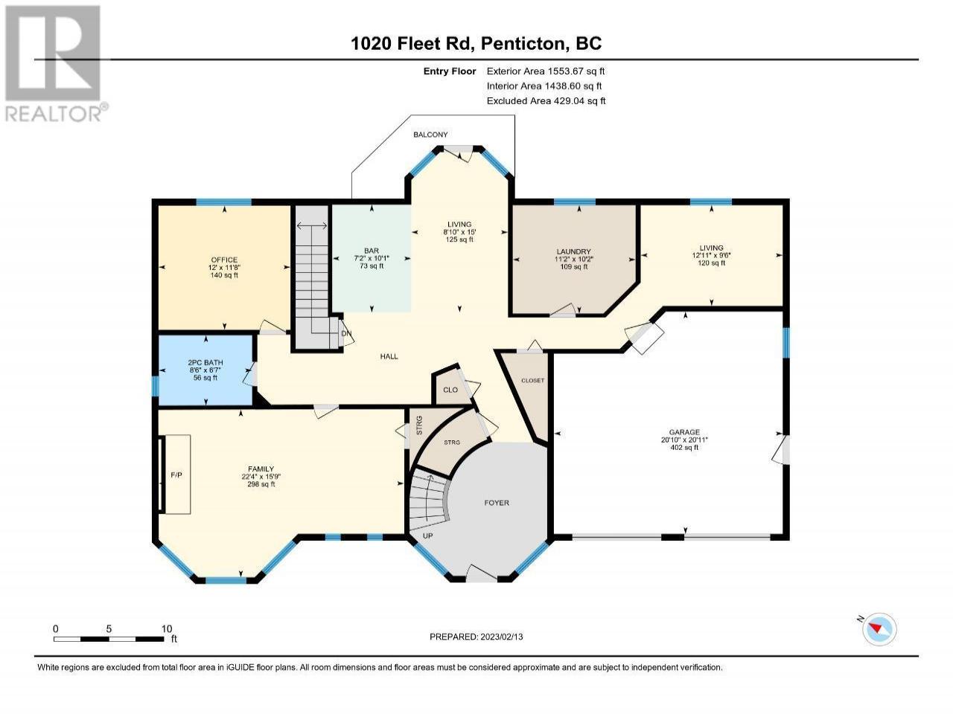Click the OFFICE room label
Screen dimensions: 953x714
[224, 260]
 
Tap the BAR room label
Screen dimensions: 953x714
[372, 251]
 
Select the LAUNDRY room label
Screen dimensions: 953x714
[573, 251]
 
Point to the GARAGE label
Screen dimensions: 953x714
[684, 432]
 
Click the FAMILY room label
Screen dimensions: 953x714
[261, 469]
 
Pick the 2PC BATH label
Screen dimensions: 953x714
[205, 362]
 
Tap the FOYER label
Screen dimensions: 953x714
[497, 503]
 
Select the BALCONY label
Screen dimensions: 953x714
[430, 135]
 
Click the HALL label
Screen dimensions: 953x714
[389, 356]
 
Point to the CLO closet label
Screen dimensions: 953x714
[450, 390]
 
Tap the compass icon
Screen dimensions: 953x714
[879, 629]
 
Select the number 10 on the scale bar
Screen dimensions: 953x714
[167, 628]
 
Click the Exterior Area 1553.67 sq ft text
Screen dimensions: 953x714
[546, 71]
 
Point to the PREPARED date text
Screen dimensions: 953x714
[476, 637]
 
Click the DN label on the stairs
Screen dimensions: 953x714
[346, 334]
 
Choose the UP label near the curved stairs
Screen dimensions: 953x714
[427, 535]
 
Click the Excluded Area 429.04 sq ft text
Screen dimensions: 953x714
[546, 101]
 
